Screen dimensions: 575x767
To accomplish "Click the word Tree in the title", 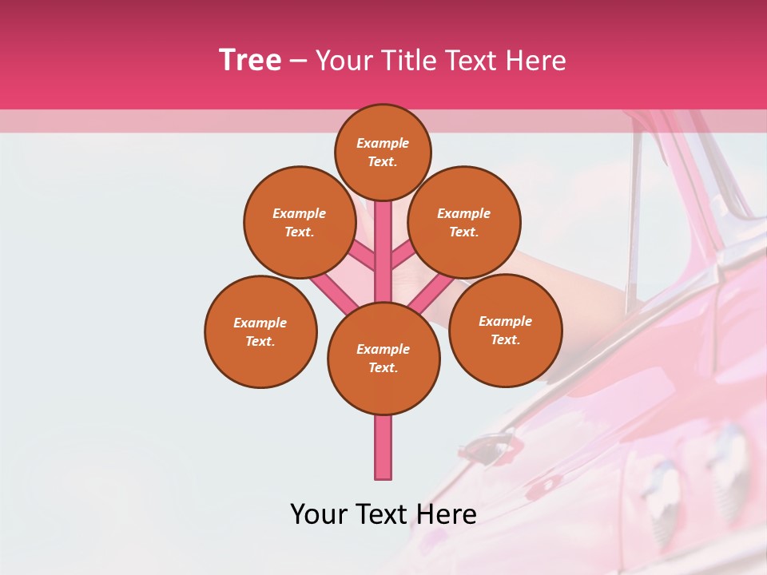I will coord(250,61).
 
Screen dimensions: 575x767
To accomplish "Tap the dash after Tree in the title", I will coord(298,61).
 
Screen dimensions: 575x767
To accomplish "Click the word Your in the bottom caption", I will coord(319,514).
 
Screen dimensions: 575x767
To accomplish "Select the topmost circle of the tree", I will coord(383,152).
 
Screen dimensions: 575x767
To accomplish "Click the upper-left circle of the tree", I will coord(299,222).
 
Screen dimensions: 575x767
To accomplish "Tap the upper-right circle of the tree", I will coord(464,222).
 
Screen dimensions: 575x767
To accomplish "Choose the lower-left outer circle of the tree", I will coord(260,331).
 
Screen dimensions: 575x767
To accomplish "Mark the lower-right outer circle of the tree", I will coord(505,330).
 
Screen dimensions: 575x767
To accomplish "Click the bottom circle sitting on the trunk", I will coord(383,358).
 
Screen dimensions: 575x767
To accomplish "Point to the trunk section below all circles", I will coord(383,447).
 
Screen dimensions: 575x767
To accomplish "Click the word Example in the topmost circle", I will coord(383,143).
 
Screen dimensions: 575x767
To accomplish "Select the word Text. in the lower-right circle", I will coord(505,339).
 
